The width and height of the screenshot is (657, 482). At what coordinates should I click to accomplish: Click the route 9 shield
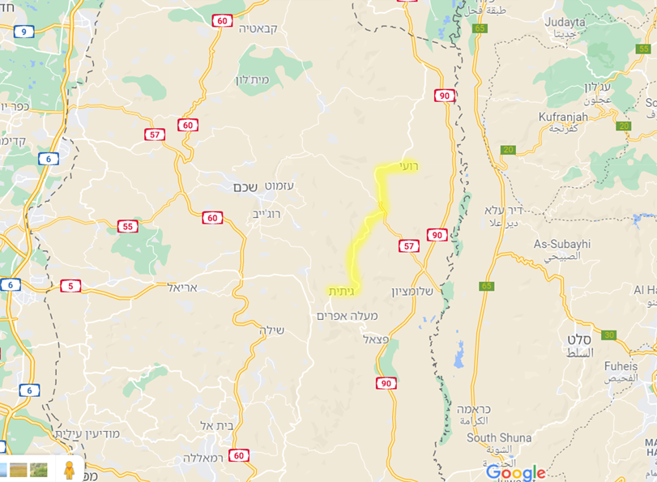coord(23,32)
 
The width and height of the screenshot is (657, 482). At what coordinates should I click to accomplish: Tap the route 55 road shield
coord(127,226)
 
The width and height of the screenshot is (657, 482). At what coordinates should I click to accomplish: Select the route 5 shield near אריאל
coord(70,286)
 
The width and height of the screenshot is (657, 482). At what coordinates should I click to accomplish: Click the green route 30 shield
coord(608,335)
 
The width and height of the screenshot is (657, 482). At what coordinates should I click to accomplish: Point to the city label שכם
coord(245,187)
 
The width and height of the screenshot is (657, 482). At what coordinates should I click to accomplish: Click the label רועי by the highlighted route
coord(407,166)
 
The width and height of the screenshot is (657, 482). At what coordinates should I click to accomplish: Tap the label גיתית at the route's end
coord(341,291)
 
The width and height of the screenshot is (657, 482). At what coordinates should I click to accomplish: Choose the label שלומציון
coord(413,292)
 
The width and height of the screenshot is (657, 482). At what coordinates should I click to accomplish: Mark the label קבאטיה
coord(258,28)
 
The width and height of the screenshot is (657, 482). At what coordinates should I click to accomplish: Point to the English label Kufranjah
coord(562,118)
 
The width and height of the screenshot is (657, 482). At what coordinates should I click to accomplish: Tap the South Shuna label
coord(499,437)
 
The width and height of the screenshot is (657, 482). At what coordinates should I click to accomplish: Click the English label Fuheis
coord(621,366)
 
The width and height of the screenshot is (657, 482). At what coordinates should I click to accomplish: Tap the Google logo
coord(515,473)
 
